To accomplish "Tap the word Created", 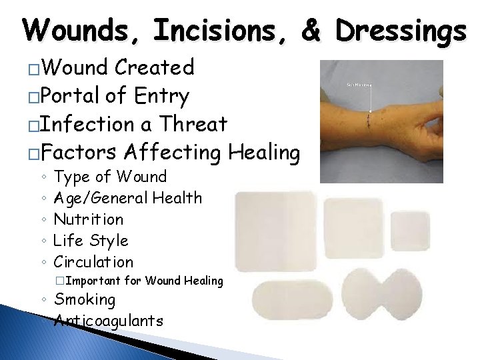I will click(x=154, y=67).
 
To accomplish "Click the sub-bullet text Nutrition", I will click(x=88, y=219).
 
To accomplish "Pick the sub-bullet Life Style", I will click(x=91, y=240).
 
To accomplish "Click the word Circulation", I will click(x=93, y=261).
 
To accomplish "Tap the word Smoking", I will click(x=85, y=299).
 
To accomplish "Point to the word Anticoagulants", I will click(x=109, y=321).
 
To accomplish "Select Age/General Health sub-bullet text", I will click(x=127, y=197).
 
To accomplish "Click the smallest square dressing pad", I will click(x=411, y=233).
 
